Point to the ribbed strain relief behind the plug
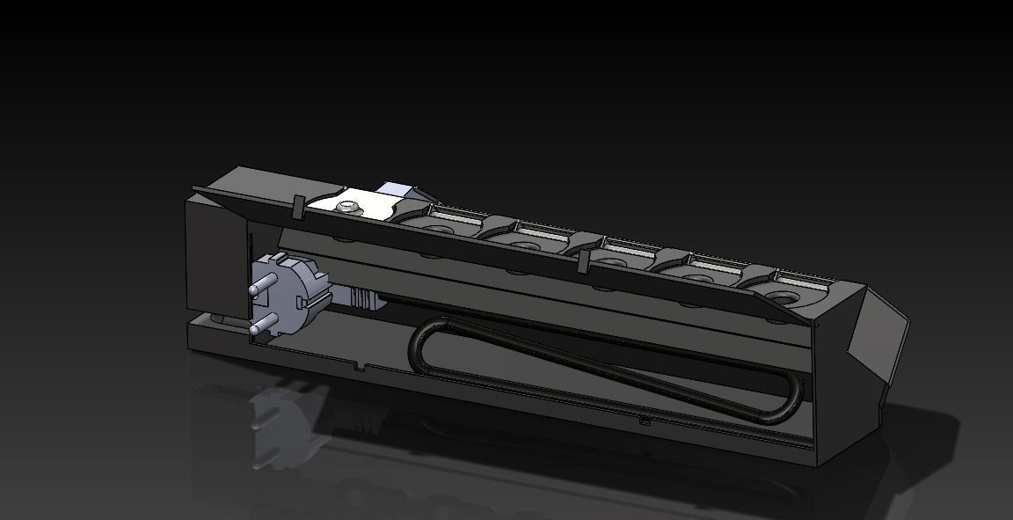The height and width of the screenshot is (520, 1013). pyautogui.click(x=364, y=299)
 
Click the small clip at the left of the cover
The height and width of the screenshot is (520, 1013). pyautogui.click(x=298, y=208)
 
